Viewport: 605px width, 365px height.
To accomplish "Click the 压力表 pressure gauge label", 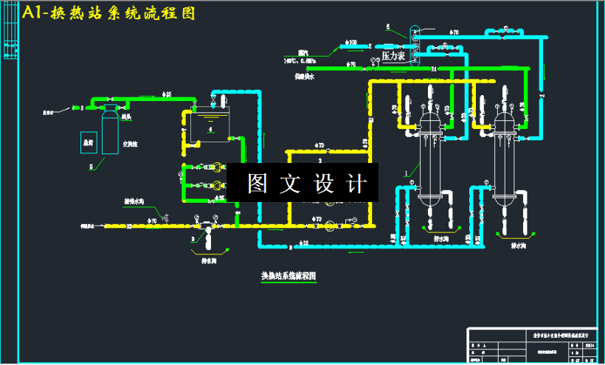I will tap(393, 56).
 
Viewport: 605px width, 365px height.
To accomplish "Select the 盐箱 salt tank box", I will tap(89, 142).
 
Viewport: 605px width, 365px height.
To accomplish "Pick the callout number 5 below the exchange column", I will tap(92, 167).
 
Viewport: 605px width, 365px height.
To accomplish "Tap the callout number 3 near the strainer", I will tap(193, 239).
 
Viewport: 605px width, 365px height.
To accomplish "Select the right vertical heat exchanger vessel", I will tap(506, 155).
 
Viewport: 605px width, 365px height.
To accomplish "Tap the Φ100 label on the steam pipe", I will tap(350, 41).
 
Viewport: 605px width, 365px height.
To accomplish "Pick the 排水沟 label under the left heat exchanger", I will tap(440, 238).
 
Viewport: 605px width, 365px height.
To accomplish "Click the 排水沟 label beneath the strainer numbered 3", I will tap(209, 260).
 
